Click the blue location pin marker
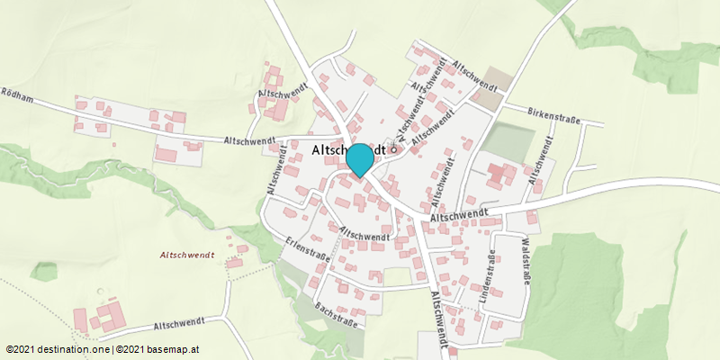(360, 159)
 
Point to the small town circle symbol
(393, 150)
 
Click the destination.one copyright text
(58, 349)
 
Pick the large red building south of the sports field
(499, 175)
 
